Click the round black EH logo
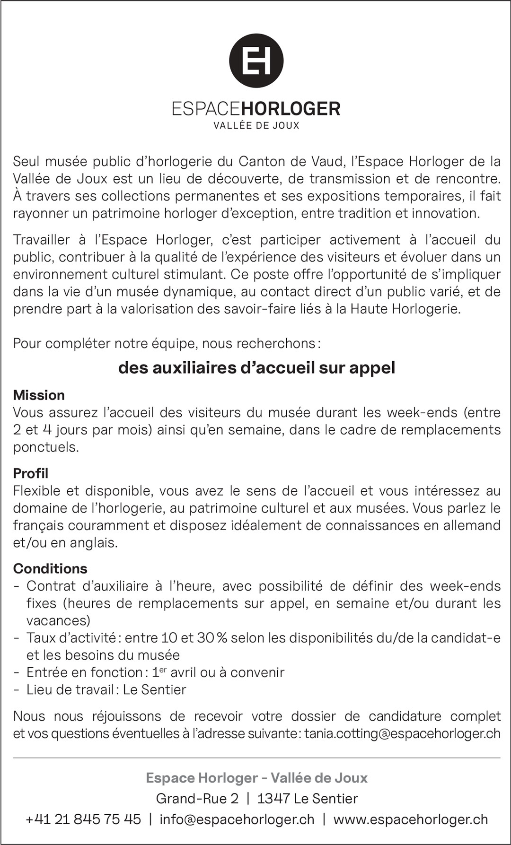pyautogui.click(x=256, y=61)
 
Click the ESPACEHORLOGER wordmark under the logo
pyautogui.click(x=256, y=109)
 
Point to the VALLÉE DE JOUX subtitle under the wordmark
pyautogui.click(x=256, y=126)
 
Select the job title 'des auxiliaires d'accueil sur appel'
pyautogui.click(x=256, y=368)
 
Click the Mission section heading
pyautogui.click(x=39, y=395)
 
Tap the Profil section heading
pyautogui.click(x=31, y=473)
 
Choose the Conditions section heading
pyautogui.click(x=50, y=568)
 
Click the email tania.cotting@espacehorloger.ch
pyautogui.click(x=402, y=733)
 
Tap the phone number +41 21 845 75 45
pyautogui.click(x=83, y=819)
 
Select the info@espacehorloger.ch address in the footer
pyautogui.click(x=237, y=819)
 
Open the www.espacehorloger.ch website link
pyautogui.click(x=410, y=819)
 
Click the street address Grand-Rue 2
pyautogui.click(x=197, y=799)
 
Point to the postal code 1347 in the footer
pyautogui.click(x=273, y=799)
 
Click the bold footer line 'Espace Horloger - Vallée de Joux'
pyautogui.click(x=256, y=778)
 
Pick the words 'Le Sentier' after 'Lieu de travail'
pyautogui.click(x=154, y=689)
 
